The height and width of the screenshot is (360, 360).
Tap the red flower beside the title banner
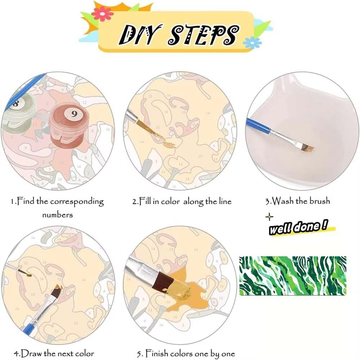[102, 14]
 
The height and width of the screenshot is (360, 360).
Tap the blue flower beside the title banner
[252, 42]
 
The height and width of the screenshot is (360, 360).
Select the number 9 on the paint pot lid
[74, 114]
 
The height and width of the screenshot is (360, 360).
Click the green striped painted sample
[292, 275]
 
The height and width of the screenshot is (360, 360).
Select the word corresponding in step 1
[77, 202]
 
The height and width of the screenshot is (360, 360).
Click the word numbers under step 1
[57, 215]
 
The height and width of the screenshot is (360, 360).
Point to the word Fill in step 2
[145, 201]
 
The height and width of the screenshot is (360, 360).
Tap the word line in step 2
[225, 201]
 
